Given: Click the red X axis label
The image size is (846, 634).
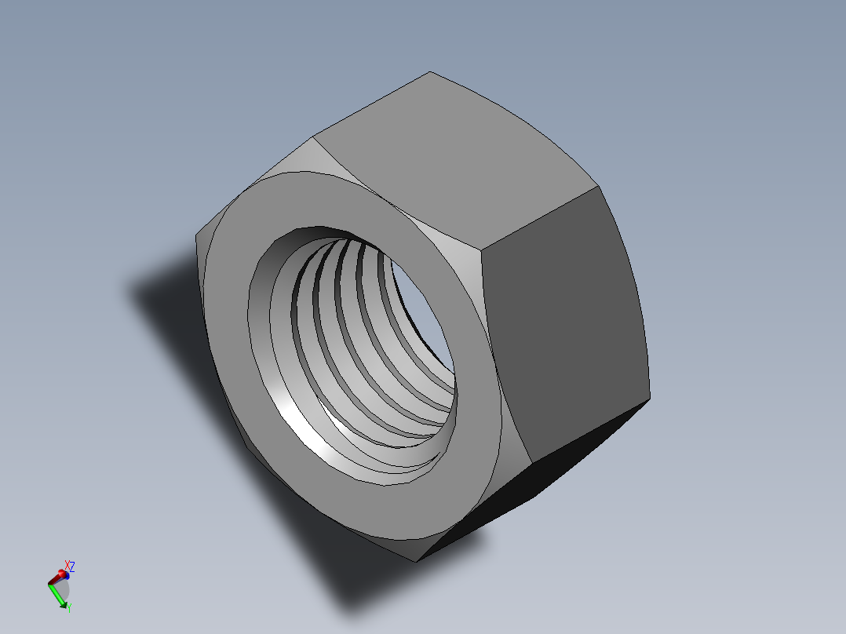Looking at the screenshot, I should pos(67,566).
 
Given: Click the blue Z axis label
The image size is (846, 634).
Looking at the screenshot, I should pos(72,566).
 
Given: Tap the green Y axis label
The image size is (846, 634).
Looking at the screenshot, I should pos(69,607).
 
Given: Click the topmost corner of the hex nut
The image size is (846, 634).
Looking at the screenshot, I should pos(429,72).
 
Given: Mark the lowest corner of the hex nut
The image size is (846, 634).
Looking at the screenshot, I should pos(416,561).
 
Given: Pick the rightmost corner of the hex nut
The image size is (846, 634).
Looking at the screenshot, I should pos(650,396).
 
